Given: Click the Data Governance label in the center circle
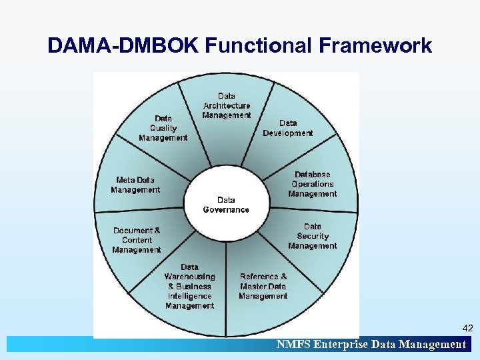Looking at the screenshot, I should click(226, 205).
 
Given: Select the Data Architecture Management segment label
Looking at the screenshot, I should click(227, 105).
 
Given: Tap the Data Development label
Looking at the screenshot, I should click(288, 128).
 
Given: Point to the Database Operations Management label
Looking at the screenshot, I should click(313, 184).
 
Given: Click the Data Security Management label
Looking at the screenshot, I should click(313, 236).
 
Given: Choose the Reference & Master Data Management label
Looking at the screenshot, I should click(263, 286).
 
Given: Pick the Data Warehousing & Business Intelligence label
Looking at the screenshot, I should click(190, 287).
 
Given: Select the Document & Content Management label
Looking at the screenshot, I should click(137, 240).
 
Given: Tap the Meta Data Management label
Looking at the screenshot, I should click(136, 185).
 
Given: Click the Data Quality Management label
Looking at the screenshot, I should click(163, 128).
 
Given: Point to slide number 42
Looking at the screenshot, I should click(467, 328).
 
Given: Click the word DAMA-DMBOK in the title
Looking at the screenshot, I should click(124, 46).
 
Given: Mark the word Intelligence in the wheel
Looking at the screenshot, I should click(190, 296).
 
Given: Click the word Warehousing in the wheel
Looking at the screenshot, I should click(190, 277).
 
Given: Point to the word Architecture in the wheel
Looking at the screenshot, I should click(227, 105).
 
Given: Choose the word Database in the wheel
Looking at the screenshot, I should click(313, 175).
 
